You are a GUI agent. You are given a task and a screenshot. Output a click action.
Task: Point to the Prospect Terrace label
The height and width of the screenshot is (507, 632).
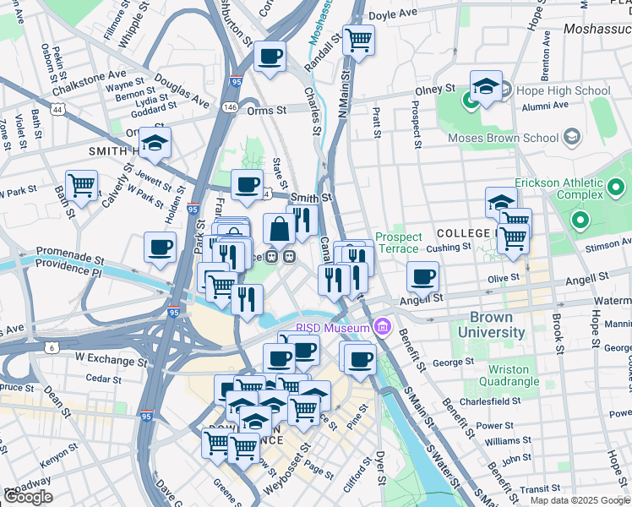pos(396,243)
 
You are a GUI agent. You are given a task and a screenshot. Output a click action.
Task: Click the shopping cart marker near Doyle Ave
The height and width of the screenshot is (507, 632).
pos(359,39)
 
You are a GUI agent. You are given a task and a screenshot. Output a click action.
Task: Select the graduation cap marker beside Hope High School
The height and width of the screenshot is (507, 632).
pos(486,86)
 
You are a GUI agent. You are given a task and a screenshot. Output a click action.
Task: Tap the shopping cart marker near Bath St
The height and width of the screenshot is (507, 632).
pos(81,186)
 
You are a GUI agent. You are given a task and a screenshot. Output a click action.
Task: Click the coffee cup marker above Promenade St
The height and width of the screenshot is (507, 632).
pos(160,248)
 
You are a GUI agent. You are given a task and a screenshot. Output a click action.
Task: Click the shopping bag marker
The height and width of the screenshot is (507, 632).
pos(279,228)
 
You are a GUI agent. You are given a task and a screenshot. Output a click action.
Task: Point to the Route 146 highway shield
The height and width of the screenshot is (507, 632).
pos(231,108)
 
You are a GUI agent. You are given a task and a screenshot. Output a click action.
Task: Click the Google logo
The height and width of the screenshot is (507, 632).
pos(28,497)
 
